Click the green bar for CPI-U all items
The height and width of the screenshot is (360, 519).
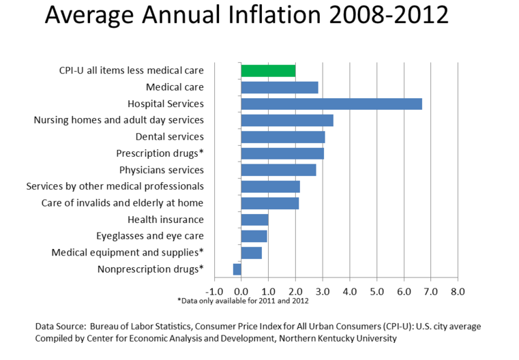tap(268, 70)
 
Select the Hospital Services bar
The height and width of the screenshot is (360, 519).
tap(331, 104)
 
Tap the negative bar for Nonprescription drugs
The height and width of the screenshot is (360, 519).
tap(237, 269)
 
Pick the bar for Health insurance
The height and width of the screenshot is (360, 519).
tap(254, 220)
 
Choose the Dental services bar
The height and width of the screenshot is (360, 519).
tap(283, 137)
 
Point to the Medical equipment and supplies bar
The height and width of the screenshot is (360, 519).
tap(251, 253)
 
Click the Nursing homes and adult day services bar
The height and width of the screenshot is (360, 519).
tap(287, 120)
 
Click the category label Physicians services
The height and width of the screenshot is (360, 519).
tap(161, 170)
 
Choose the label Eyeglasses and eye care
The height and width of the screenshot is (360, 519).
tap(150, 236)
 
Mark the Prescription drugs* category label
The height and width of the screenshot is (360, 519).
tap(160, 153)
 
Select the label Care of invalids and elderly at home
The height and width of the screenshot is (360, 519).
tap(122, 203)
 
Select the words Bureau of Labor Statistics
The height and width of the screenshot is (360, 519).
tap(137, 326)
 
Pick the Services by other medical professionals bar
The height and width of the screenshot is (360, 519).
tap(270, 186)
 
